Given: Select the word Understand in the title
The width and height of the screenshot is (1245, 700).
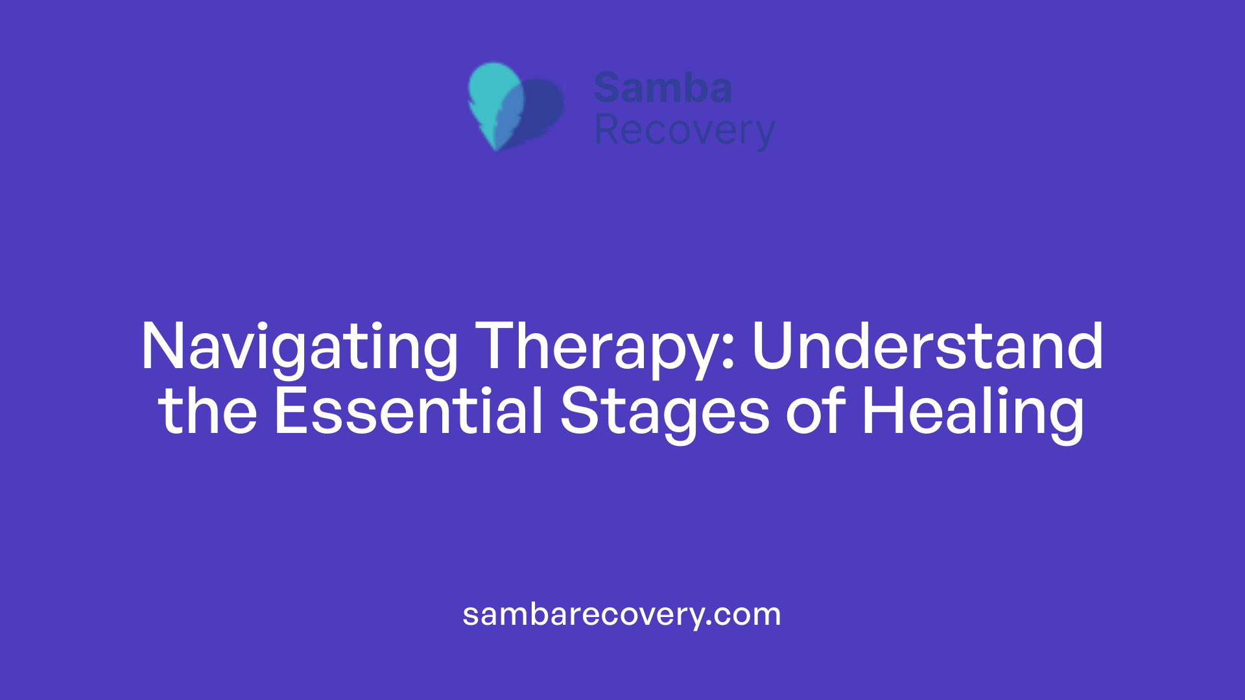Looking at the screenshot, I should (927, 347).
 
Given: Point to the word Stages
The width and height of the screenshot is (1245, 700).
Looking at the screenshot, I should (665, 412).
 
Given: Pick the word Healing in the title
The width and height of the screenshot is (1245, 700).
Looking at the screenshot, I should (973, 412).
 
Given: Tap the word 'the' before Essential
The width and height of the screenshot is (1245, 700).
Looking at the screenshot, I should (208, 411).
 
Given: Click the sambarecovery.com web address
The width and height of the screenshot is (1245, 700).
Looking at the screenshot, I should (622, 614).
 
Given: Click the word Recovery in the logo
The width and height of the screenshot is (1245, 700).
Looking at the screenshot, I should (684, 131).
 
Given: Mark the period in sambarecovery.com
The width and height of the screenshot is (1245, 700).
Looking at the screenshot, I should (709, 624).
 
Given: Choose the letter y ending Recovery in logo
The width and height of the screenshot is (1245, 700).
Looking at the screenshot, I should (764, 134).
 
